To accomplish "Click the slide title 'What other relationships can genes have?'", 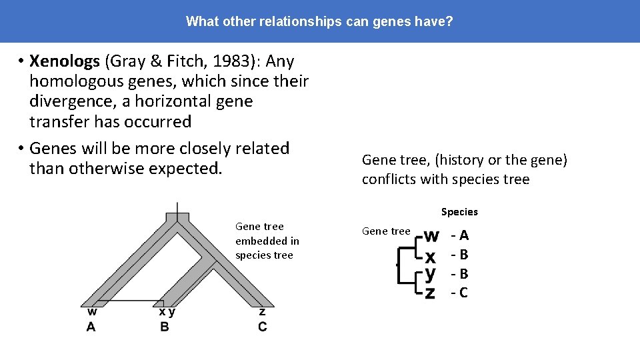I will (319, 21).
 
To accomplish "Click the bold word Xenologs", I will (65, 61).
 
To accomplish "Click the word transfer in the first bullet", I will (60, 121).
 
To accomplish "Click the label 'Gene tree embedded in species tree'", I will (267, 241).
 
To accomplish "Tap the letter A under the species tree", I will (91, 327).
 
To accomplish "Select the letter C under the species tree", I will (262, 327).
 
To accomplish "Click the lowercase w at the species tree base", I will (92, 311).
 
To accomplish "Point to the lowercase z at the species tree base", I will (262, 311).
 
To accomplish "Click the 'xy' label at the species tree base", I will (167, 311).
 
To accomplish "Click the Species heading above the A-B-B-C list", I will (459, 212).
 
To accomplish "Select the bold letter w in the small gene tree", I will (431, 235).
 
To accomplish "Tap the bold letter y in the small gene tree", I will (431, 273).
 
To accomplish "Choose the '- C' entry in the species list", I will (459, 292).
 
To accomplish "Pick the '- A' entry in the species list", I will (459, 235).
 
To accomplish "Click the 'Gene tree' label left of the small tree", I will (386, 231).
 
